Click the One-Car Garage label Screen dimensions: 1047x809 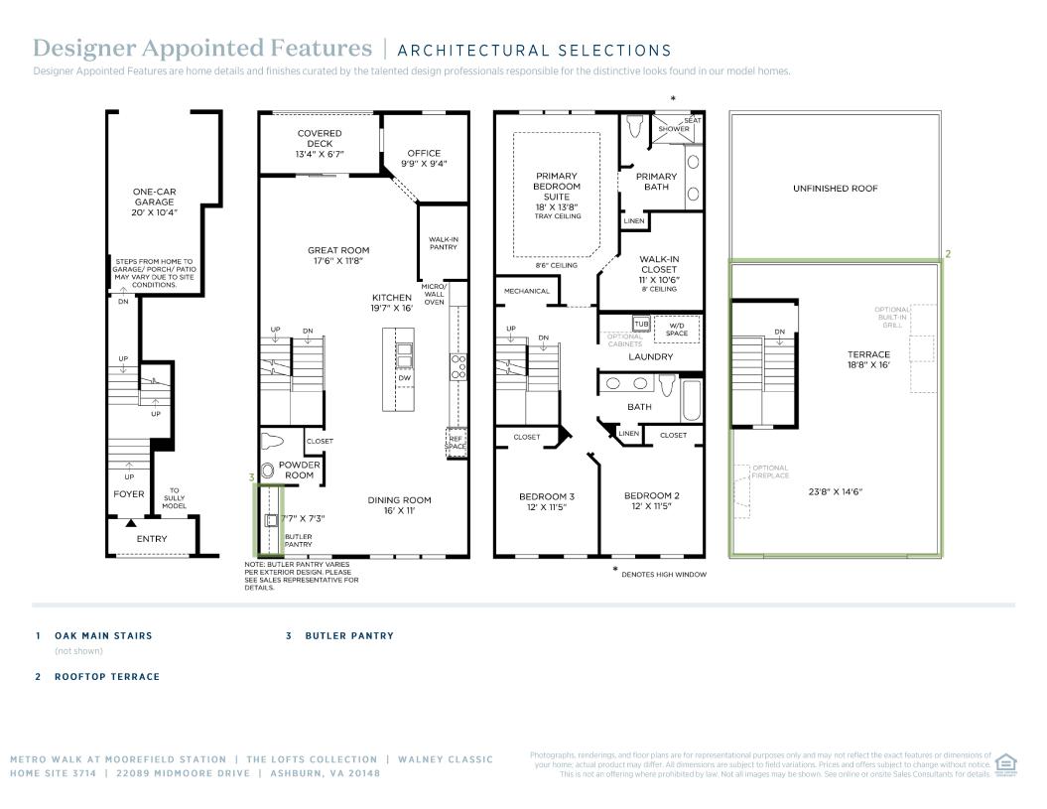tap(154, 202)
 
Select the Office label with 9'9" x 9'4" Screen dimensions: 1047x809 tap(424, 159)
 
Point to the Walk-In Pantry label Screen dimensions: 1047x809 tap(444, 243)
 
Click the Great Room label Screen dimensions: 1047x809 tap(338, 255)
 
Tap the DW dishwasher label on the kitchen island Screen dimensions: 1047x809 tap(405, 378)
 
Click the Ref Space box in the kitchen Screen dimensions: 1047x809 tap(457, 443)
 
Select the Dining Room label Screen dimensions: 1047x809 tap(399, 505)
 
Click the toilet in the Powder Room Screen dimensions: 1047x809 tap(273, 442)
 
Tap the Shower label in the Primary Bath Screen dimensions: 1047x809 tap(674, 129)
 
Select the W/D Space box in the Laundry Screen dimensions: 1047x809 tap(677, 330)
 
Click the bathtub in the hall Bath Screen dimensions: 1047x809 tap(691, 400)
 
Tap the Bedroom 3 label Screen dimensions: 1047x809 tap(547, 501)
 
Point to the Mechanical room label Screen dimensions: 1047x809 tap(527, 291)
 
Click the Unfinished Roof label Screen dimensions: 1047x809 tap(836, 189)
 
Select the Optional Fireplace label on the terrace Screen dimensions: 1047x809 tap(770, 472)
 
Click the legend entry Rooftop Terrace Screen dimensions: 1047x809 tap(107, 677)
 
